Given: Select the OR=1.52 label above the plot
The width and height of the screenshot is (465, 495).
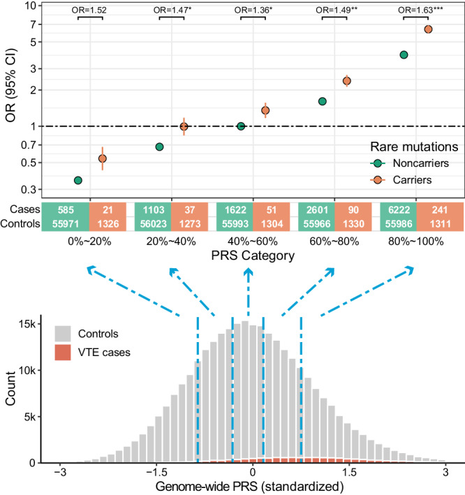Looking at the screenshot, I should (x=90, y=10).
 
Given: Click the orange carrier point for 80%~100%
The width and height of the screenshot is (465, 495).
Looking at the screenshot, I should (x=428, y=29).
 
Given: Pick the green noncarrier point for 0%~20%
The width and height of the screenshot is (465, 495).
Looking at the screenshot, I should (x=78, y=180).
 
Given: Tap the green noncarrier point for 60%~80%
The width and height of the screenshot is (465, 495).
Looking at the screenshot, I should (x=323, y=101).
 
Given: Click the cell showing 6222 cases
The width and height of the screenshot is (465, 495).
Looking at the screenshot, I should (x=398, y=209).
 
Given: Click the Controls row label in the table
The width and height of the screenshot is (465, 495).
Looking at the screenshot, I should (x=20, y=221).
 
